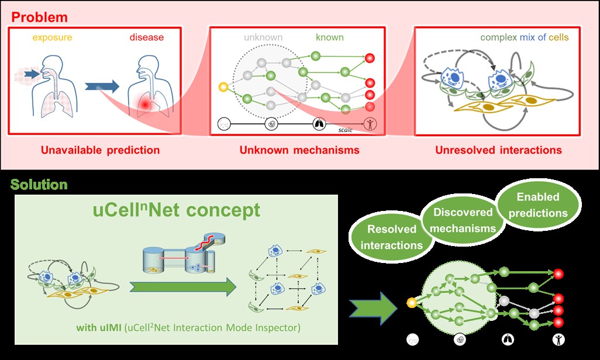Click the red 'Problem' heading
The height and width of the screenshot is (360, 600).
39,17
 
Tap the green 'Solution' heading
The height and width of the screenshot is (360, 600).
39,185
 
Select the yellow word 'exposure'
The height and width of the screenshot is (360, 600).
52,37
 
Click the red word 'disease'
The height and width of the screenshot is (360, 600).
147,37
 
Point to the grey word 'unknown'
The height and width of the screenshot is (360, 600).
263,37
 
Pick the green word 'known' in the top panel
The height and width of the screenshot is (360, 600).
330,37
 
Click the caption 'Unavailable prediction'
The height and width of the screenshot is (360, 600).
100,150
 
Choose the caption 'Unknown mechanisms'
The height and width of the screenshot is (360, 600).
299,150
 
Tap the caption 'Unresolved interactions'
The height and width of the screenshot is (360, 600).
499,150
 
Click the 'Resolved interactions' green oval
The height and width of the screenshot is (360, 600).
391,237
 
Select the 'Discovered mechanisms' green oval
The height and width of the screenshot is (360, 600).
463,220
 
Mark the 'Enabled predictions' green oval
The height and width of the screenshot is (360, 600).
538,205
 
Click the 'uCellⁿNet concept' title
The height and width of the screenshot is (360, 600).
177,210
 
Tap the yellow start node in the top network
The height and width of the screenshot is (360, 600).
223,87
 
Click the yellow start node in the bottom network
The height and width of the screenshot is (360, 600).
411,303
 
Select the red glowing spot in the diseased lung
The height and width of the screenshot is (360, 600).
144,104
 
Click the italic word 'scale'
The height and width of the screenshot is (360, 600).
345,130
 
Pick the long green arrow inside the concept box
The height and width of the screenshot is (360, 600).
183,287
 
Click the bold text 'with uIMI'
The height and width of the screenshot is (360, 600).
99,327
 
